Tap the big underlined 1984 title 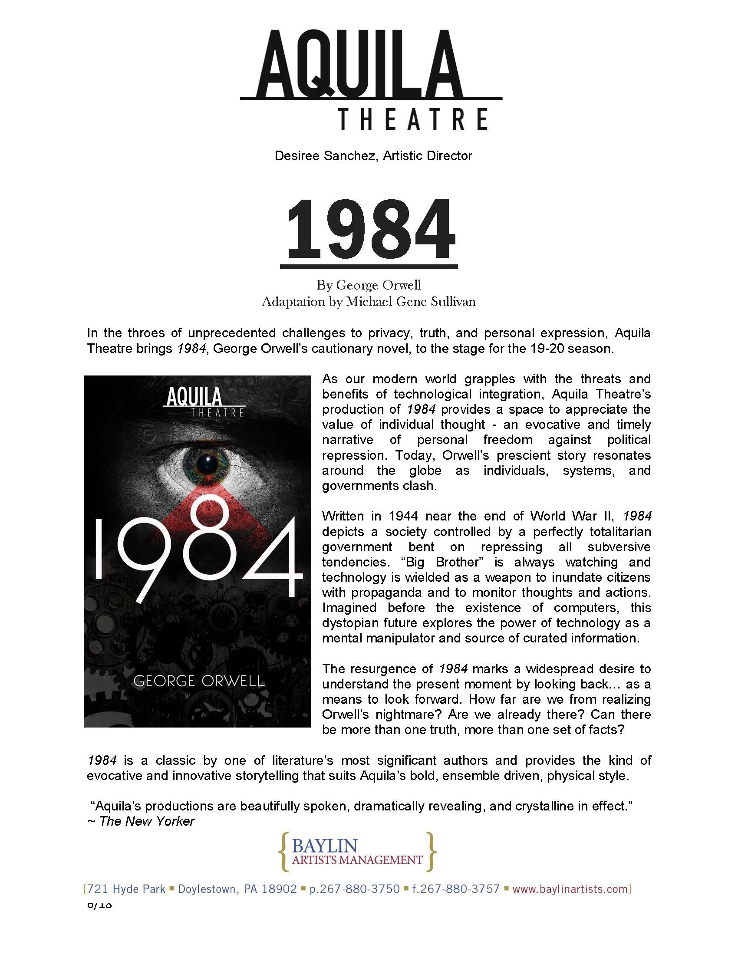click(369, 230)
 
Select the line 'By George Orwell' click(369, 285)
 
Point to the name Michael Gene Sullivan click(411, 302)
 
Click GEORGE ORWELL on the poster click(199, 681)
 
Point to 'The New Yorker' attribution click(146, 821)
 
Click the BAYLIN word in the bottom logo click(324, 846)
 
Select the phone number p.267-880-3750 click(354, 889)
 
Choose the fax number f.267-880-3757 click(455, 889)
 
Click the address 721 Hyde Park click(126, 889)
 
